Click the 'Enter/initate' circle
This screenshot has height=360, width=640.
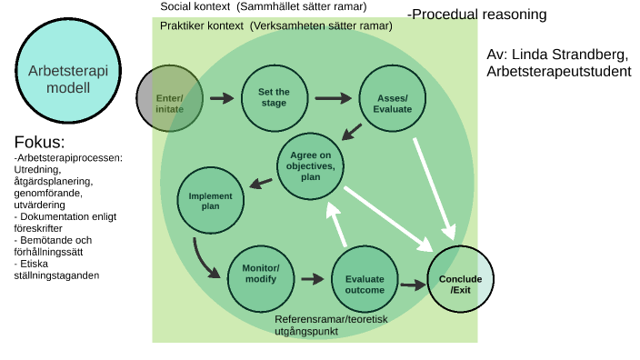169,98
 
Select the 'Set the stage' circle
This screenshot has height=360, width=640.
275,98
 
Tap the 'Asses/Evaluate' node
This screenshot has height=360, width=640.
392,98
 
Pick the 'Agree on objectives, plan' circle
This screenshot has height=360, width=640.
310,166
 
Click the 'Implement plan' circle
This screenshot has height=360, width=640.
211,200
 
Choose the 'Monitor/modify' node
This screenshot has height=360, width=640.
261,279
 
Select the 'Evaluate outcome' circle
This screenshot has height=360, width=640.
365,279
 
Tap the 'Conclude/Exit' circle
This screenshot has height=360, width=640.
460,279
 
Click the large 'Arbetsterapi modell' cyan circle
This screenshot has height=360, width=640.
68,71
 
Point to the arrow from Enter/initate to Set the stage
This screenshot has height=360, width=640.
222,98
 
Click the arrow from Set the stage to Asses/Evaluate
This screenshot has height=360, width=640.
333,98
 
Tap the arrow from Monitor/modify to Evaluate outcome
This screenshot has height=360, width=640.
313,279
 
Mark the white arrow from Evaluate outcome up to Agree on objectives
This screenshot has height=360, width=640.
337,225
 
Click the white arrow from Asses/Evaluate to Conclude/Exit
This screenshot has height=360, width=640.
435,188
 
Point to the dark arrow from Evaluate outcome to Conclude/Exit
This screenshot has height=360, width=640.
414,285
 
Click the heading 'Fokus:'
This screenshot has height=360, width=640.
40,142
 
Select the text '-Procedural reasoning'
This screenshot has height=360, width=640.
476,15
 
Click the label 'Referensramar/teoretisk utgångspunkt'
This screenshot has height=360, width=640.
331,325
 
